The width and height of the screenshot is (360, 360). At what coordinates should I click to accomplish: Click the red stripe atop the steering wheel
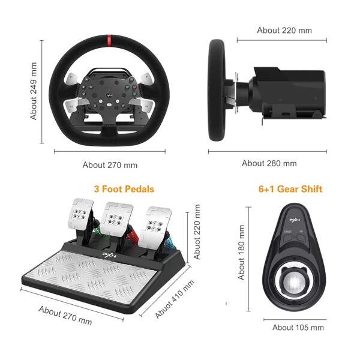[x=109, y=40]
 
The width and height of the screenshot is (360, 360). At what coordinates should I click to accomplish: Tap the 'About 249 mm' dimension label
[x=34, y=91]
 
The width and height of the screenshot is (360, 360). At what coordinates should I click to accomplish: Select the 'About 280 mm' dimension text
[x=269, y=163]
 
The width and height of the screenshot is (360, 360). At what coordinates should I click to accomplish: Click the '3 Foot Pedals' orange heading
[x=124, y=189]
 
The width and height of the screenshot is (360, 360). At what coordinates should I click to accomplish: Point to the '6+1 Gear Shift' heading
[x=290, y=189]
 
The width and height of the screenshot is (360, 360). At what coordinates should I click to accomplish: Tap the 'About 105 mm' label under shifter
[x=298, y=328]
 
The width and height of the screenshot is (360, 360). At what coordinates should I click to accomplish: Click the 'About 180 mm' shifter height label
[x=241, y=253]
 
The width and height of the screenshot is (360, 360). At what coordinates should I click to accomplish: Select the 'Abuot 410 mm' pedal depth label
[x=175, y=299]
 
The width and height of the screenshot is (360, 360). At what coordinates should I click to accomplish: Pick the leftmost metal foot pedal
[x=80, y=214]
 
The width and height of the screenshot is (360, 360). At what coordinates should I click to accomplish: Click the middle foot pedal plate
[x=116, y=219]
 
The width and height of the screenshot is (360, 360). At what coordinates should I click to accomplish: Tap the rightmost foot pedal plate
[x=155, y=228]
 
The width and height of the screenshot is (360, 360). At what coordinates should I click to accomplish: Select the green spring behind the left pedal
[x=97, y=230]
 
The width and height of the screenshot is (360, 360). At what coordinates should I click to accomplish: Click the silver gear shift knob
[x=294, y=283]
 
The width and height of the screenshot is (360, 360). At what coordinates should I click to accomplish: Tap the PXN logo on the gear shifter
[x=295, y=220]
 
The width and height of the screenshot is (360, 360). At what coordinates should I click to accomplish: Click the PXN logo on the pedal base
[x=109, y=255]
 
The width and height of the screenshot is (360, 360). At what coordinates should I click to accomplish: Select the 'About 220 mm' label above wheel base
[x=284, y=31]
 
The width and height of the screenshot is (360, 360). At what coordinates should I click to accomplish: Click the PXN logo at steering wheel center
[x=109, y=95]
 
